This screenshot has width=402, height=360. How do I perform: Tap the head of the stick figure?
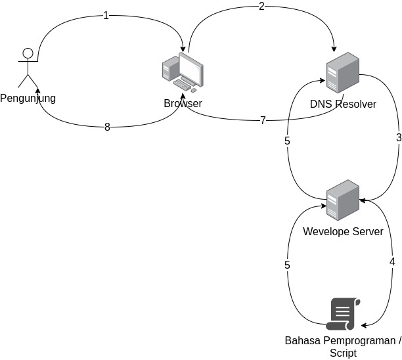pyautogui.click(x=27, y=53)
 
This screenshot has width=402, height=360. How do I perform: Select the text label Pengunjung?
pyautogui.click(x=28, y=99)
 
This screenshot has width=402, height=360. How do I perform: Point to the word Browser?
pyautogui.click(x=183, y=104)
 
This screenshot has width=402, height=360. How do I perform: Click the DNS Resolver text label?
pyautogui.click(x=343, y=104)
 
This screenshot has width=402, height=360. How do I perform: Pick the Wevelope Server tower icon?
pyautogui.click(x=343, y=200)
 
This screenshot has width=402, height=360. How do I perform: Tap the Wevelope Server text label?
pyautogui.click(x=343, y=231)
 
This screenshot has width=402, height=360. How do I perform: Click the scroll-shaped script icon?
pyautogui.click(x=343, y=314)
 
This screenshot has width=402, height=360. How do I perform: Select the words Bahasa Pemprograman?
pyautogui.click(x=342, y=341)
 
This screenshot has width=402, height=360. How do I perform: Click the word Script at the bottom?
pyautogui.click(x=342, y=353)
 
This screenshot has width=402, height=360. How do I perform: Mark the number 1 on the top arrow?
pyautogui.click(x=106, y=16)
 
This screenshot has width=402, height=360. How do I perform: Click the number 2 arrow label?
pyautogui.click(x=261, y=7)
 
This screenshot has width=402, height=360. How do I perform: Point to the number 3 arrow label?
pyautogui.click(x=398, y=138)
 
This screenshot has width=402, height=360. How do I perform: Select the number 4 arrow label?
pyautogui.click(x=392, y=261)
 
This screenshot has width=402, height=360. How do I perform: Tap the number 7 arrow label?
pyautogui.click(x=263, y=121)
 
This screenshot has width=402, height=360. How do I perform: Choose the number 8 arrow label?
pyautogui.click(x=107, y=127)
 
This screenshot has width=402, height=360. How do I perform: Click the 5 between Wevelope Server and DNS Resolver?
pyautogui.click(x=287, y=141)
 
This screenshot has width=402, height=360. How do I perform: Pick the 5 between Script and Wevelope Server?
pyautogui.click(x=287, y=265)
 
